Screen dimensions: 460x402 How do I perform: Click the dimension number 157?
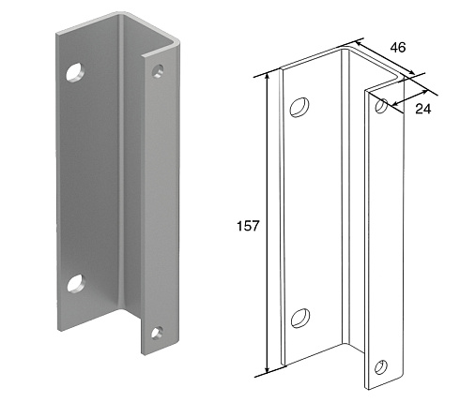248,226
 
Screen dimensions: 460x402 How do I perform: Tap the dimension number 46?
398,48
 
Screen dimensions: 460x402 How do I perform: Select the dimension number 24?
423,109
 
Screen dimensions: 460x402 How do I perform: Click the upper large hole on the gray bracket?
75,72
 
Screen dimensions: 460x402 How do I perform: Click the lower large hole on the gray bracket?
76,283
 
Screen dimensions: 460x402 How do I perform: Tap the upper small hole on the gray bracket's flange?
158,71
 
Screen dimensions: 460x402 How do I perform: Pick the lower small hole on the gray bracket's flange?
157,333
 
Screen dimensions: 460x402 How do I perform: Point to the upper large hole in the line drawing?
299,108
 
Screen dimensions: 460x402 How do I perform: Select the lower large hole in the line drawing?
300,319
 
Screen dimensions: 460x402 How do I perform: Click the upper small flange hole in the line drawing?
382,106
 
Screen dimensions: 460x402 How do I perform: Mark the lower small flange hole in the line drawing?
381,367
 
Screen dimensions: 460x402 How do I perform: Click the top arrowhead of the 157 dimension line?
268,76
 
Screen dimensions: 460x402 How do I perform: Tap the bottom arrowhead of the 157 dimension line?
268,369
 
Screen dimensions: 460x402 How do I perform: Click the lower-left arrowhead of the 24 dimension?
395,104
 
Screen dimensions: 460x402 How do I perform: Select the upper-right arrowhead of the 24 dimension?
424,92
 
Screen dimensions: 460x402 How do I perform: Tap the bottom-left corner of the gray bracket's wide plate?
58,330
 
